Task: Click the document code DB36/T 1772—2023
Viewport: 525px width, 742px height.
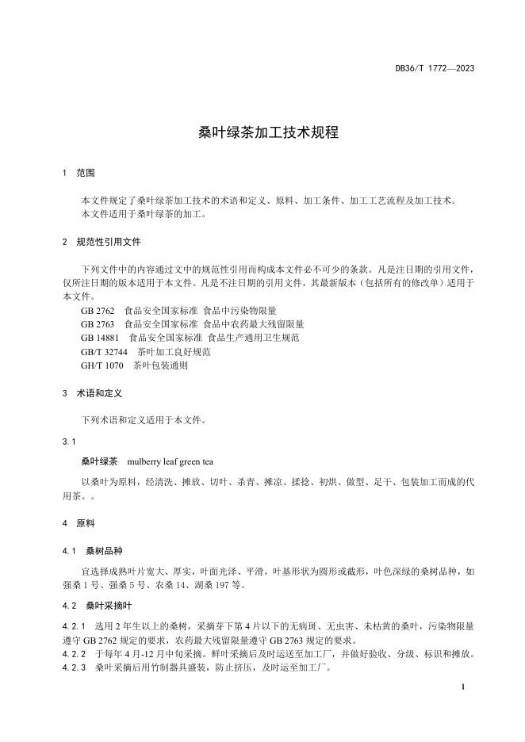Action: tap(435, 69)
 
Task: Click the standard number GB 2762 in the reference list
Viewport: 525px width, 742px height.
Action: tap(98, 311)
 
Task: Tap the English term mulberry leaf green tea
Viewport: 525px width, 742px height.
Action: tap(171, 461)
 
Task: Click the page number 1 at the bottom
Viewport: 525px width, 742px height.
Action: tap(462, 688)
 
